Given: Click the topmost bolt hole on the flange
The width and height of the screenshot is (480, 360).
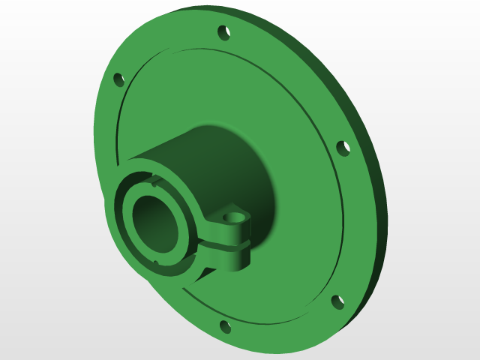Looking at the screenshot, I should click(x=223, y=32).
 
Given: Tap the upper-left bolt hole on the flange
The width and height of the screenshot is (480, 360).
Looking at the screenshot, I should click(x=118, y=79).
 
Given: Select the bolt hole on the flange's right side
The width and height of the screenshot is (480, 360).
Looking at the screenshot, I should click(x=343, y=148).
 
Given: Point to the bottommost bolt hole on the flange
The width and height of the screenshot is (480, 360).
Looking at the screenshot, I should click(x=224, y=327).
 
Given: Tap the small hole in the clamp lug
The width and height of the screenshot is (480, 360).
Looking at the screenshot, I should click(x=235, y=217).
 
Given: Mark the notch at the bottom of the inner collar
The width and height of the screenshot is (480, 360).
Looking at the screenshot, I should click(x=157, y=262).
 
